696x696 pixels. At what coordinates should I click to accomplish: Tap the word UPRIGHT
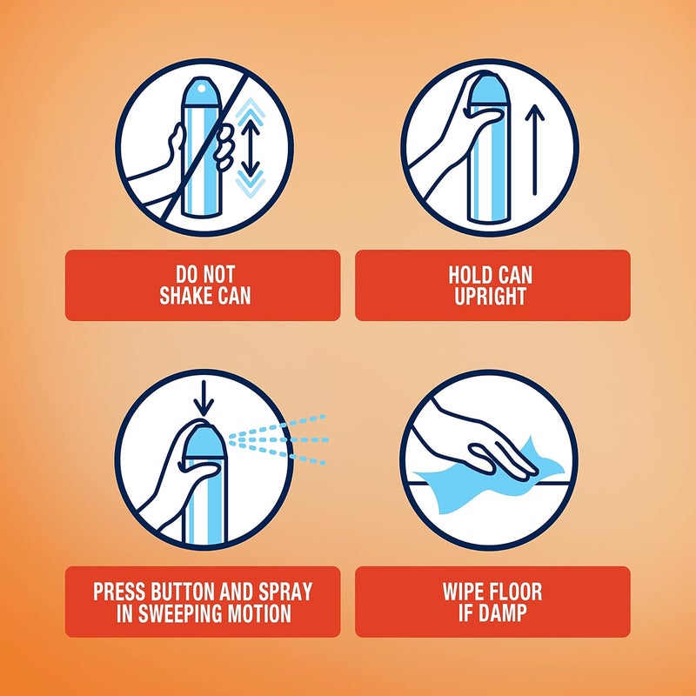click(490, 296)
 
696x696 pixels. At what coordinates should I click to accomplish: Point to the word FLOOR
click(517, 592)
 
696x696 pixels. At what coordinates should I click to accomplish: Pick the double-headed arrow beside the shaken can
click(251, 147)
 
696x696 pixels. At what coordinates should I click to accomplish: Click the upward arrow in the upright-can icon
click(535, 150)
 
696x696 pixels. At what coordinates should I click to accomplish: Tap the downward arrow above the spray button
click(204, 398)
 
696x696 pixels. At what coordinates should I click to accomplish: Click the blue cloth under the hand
click(488, 479)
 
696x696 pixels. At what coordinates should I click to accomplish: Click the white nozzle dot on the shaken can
click(202, 90)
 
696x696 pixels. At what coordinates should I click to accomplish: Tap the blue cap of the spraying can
click(204, 442)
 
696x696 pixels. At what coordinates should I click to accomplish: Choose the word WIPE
click(465, 592)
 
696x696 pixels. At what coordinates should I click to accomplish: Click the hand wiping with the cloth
click(484, 444)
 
